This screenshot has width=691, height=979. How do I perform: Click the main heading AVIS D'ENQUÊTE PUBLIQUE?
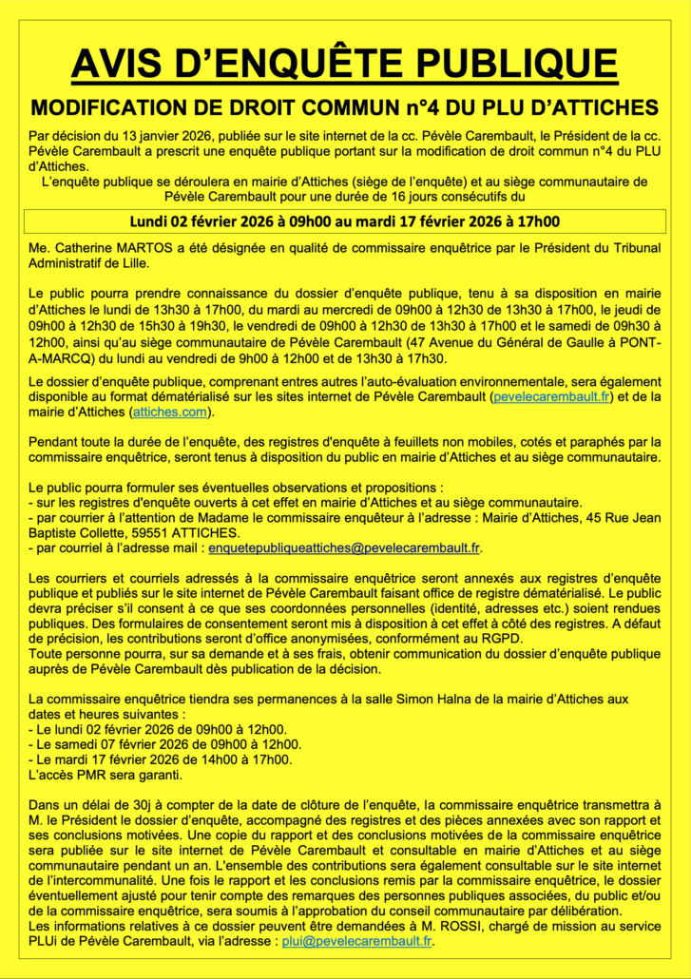click(x=344, y=63)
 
